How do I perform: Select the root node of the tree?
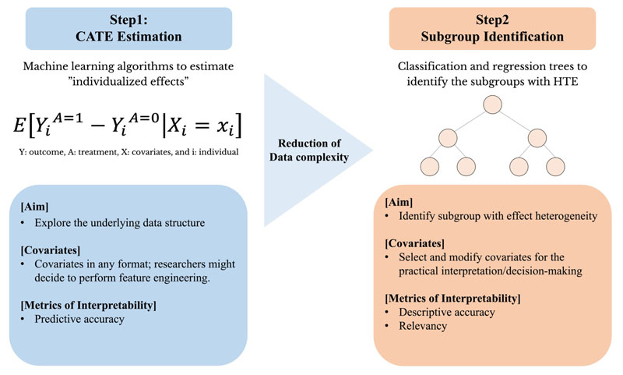tap(491, 104)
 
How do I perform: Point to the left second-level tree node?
tap(447, 137)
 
